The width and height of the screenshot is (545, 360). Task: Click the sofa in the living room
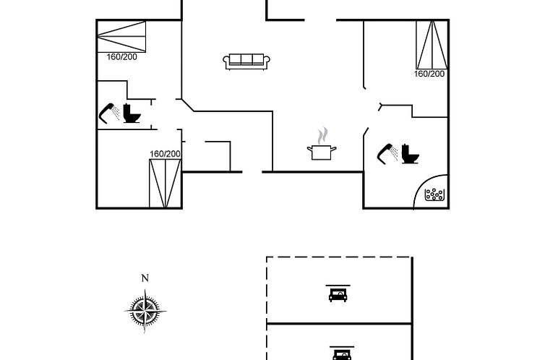tap(246, 61)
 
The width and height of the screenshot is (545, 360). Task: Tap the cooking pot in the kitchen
tap(322, 152)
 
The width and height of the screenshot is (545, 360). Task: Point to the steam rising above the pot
tap(323, 135)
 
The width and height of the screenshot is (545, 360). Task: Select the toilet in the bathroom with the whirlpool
tap(411, 153)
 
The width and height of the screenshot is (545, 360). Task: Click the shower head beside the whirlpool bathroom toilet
tap(387, 153)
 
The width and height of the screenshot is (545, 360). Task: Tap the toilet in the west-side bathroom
tap(131, 113)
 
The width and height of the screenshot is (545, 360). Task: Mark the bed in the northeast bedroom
tap(432, 44)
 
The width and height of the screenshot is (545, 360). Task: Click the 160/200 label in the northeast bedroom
tap(429, 74)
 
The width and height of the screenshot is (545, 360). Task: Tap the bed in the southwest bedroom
tap(165, 183)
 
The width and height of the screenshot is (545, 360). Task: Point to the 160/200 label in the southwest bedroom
tap(165, 154)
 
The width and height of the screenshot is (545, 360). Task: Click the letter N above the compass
tap(145, 278)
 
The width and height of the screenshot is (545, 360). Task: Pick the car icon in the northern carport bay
tap(338, 293)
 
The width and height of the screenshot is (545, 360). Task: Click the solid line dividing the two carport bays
tap(339, 323)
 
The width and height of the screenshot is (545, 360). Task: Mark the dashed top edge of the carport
tap(339, 257)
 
